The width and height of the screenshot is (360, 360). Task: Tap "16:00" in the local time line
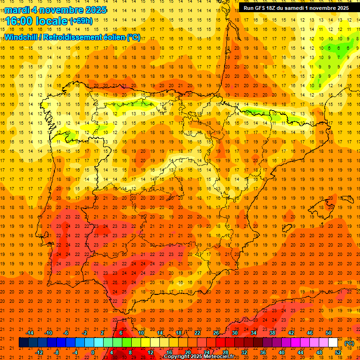click(x=20, y=21)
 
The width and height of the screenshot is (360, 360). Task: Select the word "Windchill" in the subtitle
click(x=21, y=37)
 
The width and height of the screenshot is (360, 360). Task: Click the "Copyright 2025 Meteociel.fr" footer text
click(x=199, y=356)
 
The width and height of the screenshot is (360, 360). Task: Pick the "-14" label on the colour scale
click(x=30, y=333)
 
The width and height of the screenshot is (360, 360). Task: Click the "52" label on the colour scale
click(x=338, y=352)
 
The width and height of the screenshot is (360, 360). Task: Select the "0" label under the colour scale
click(x=93, y=352)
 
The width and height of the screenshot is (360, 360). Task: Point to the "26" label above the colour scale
click(x=216, y=333)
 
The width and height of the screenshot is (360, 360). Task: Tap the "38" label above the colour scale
click(x=272, y=333)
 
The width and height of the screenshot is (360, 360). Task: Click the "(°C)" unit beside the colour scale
click(x=349, y=343)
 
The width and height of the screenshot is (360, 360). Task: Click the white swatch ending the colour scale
click(x=333, y=343)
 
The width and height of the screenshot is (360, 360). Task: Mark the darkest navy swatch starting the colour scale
click(x=23, y=343)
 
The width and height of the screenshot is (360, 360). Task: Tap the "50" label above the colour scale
click(x=329, y=333)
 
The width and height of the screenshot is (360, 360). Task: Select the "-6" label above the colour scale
click(x=66, y=333)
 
